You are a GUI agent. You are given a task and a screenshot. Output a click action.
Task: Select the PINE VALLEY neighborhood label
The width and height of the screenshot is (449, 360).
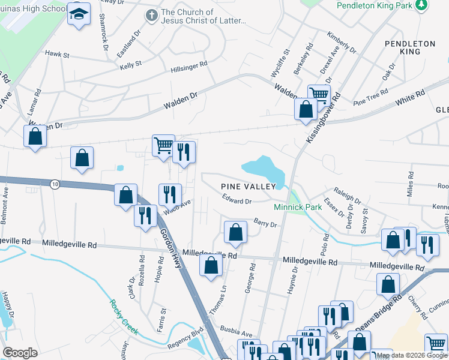(x=248, y=187)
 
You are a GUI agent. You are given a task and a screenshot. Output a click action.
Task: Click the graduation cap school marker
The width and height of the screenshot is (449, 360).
(x=78, y=14)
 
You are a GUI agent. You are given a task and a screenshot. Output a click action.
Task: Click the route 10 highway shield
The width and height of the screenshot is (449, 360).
(x=55, y=184)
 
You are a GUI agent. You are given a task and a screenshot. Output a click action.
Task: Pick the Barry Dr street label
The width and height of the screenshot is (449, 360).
(x=265, y=223)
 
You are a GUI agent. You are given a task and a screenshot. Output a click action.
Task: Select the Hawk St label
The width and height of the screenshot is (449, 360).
(x=58, y=55)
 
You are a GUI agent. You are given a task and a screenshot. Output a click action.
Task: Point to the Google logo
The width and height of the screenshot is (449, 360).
(x=20, y=353)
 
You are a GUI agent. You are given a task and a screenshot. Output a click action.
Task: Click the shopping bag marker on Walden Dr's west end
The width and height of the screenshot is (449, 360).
(x=35, y=136)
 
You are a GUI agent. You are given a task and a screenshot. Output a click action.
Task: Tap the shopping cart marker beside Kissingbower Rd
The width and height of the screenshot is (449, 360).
(x=319, y=95)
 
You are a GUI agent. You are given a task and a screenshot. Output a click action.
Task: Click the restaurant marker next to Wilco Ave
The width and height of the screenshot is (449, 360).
(x=170, y=194)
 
